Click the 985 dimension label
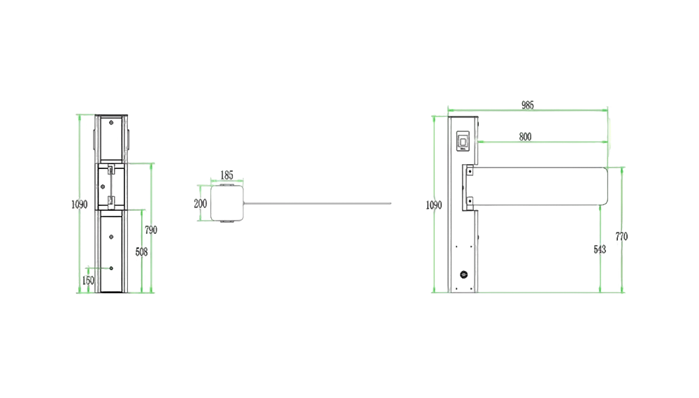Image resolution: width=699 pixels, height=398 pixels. click(527, 105)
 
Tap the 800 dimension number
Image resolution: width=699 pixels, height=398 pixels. click(525, 137)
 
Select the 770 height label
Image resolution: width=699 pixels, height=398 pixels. click(621, 237)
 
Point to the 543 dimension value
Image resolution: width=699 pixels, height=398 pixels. click(600, 249)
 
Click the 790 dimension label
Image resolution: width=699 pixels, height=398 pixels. click(151, 230)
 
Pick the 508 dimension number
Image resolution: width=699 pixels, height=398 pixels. click(141, 252)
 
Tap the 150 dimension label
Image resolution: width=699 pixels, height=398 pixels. click(88, 281)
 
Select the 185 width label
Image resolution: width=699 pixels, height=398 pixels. click(227, 175)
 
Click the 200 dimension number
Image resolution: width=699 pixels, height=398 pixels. click(200, 203)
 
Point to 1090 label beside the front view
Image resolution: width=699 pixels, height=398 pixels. click(80, 205)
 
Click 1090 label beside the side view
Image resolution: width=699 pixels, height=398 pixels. click(434, 205)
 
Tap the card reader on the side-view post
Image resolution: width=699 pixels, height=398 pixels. click(463, 141)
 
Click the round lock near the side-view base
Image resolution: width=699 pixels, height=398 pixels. click(463, 274)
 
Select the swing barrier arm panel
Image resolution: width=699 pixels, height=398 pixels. click(540, 186)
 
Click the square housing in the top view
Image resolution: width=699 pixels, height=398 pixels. click(227, 203)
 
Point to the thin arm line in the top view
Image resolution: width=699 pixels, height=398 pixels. click(317, 203)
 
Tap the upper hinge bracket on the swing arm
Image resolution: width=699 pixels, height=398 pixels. click(470, 171)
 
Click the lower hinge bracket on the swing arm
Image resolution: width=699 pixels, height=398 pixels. click(470, 201)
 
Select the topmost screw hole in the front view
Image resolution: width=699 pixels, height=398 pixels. click(111, 122)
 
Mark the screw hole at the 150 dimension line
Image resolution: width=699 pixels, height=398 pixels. click(111, 268)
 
